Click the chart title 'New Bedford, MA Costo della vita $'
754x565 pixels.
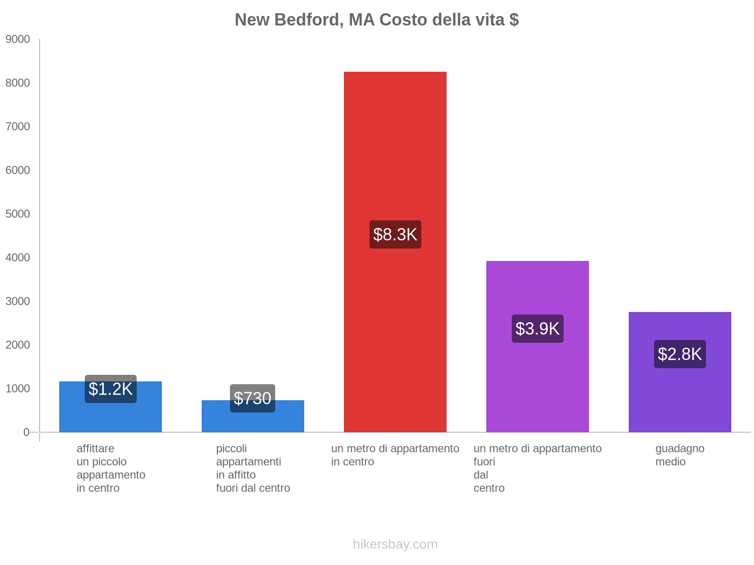377,20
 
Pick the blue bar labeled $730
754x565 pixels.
253,421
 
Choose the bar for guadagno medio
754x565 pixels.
680,400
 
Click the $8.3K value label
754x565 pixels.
395,234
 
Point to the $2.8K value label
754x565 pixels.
680,354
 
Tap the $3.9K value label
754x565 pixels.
537,329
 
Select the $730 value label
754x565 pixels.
253,398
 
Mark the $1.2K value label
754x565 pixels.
110,389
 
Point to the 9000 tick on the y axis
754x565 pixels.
18,40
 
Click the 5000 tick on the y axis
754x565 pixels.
18,214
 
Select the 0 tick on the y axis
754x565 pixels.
26,432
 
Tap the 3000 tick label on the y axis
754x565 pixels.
18,301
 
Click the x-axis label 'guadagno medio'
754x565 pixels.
680,455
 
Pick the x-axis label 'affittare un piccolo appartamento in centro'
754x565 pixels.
111,468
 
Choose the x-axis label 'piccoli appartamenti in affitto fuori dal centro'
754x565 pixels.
253,468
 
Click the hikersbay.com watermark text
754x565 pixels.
395,544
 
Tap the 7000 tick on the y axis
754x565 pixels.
18,127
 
